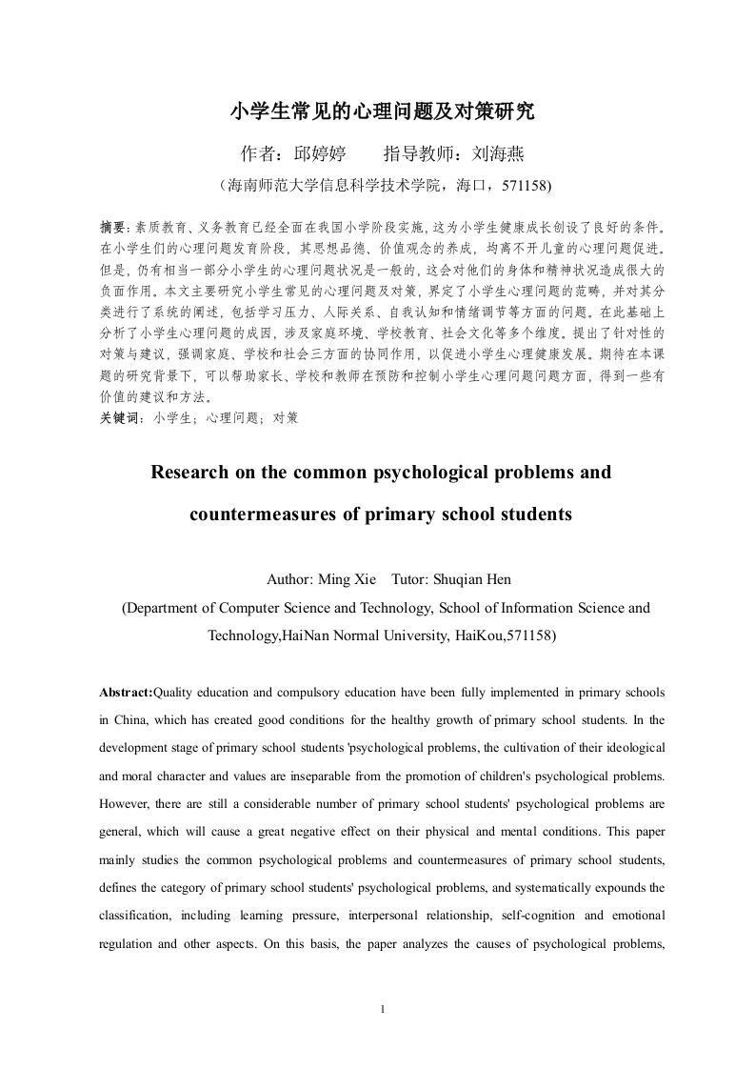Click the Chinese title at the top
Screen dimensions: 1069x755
pos(383,112)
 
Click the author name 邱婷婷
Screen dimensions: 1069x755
pos(319,153)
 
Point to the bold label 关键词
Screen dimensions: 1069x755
pos(121,417)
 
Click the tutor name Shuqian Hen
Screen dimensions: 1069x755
pos(479,578)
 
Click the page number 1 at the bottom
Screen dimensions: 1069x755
pos(381,1009)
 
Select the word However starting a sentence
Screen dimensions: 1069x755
pos(129,803)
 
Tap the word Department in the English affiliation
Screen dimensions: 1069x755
pos(168,607)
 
